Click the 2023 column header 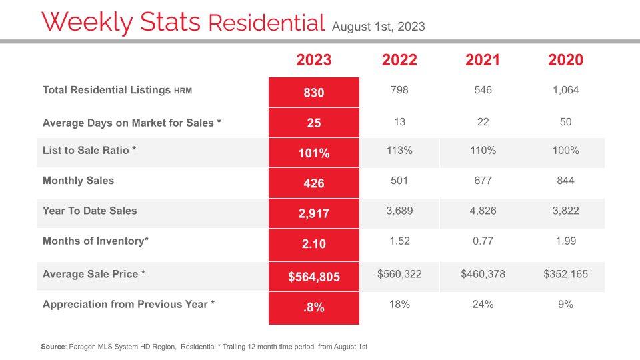[313, 60]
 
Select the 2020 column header [565, 60]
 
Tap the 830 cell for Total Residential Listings [313, 93]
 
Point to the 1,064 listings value [565, 90]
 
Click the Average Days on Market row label [132, 123]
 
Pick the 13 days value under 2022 [399, 122]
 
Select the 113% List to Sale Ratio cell [399, 151]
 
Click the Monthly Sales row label [78, 181]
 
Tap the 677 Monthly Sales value [483, 181]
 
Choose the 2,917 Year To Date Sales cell [313, 213]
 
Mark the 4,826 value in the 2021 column [483, 211]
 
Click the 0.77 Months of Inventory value [483, 241]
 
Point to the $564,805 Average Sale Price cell [313, 277]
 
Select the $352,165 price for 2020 [565, 274]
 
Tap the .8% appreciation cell [313, 308]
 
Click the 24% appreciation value [483, 305]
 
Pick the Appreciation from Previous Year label [129, 305]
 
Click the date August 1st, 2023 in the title [379, 27]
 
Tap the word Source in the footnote [53, 347]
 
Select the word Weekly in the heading [87, 22]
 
